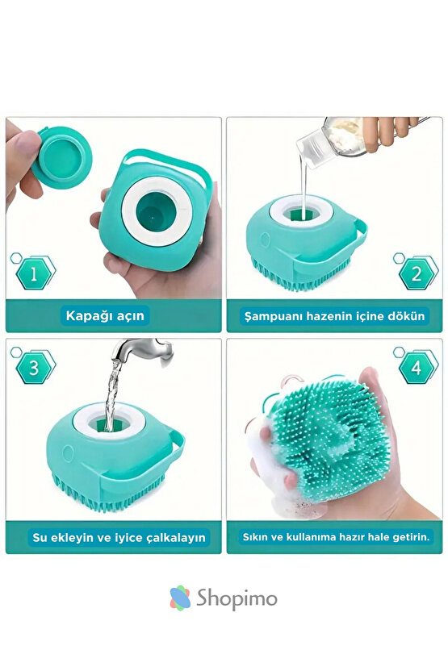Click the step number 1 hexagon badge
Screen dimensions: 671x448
[34, 274]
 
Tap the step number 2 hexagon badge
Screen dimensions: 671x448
[417, 274]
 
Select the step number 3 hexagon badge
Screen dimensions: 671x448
[34, 368]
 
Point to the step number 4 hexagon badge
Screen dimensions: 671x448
[417, 368]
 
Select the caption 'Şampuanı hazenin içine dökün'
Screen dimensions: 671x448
[334, 316]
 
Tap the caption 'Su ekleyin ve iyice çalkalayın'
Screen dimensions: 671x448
[119, 536]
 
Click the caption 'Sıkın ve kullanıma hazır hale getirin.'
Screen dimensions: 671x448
[337, 536]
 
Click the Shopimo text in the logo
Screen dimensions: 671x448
[241, 598]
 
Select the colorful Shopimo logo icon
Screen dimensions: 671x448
[180, 598]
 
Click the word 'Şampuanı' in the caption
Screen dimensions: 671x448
[273, 316]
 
